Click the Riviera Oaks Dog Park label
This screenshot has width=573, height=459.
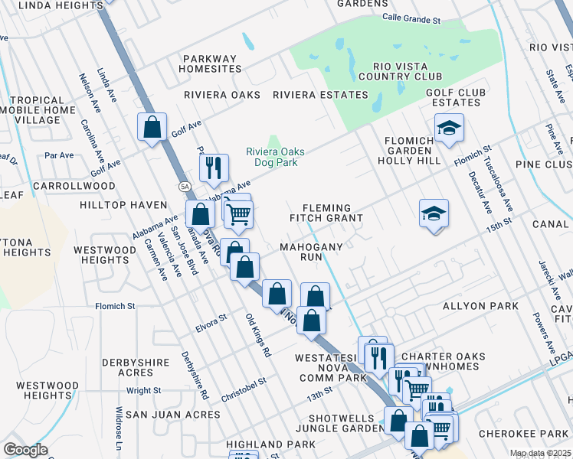pos(271,157)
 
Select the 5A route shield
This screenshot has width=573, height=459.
pos(184,186)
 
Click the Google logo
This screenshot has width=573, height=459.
pos(25,450)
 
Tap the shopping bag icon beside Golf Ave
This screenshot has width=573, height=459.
pos(152,127)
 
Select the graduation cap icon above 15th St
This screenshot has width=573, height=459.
pos(434,213)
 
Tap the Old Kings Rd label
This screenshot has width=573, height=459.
pos(258,335)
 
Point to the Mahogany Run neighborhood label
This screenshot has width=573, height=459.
pos(310,253)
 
